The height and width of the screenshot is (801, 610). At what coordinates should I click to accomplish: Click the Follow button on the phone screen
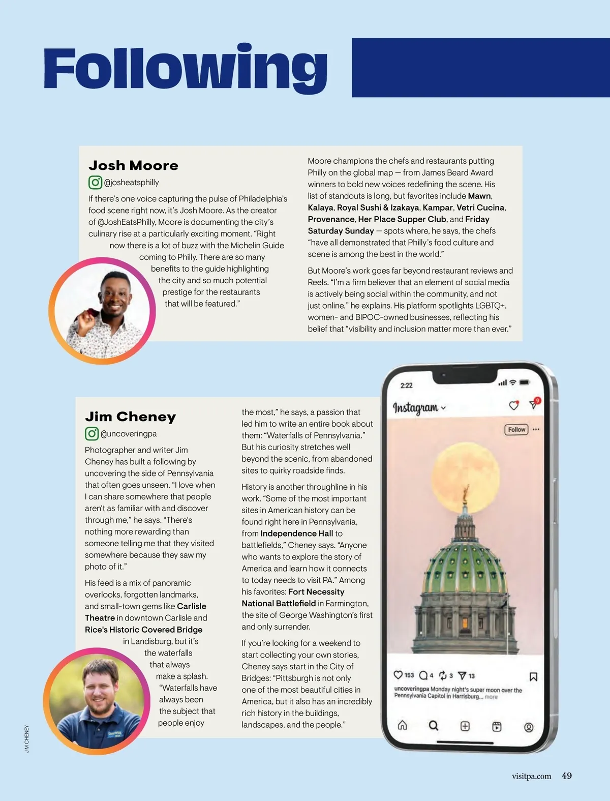516,430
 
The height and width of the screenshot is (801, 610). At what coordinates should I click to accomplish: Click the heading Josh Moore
133,166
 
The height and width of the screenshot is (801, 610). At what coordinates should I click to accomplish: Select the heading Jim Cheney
131,417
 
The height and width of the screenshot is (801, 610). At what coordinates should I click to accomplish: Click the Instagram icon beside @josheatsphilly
95,182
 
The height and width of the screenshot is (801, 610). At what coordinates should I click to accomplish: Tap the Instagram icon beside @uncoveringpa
91,434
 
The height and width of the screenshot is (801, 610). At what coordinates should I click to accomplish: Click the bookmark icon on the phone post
533,676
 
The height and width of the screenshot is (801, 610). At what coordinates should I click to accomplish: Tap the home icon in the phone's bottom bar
402,725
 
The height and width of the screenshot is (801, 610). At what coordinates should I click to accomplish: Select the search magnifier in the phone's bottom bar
433,726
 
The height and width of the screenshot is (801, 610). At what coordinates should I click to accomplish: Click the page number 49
566,776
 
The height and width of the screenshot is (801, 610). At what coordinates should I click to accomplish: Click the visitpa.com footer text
531,777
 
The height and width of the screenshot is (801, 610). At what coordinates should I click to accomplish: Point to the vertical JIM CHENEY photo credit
27,739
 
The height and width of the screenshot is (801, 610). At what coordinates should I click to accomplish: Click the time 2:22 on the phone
406,385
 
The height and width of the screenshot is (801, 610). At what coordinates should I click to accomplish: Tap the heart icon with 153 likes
399,675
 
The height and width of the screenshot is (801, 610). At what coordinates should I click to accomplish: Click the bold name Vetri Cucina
480,207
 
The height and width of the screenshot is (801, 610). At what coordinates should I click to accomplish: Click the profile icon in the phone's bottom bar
529,727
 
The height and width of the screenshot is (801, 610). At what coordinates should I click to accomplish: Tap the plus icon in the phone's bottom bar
465,726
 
